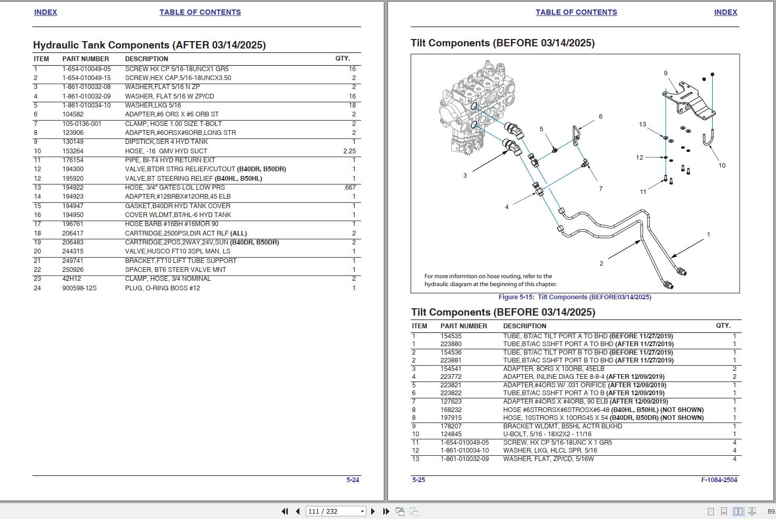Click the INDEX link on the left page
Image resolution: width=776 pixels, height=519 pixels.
pyautogui.click(x=45, y=12)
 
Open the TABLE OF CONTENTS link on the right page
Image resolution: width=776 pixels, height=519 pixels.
pyautogui.click(x=576, y=12)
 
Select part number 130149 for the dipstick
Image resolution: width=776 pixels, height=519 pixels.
pyautogui.click(x=73, y=142)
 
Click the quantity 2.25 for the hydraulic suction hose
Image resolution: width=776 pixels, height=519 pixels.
pyautogui.click(x=350, y=151)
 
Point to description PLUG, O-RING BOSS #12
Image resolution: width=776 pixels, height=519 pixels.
pyautogui.click(x=162, y=288)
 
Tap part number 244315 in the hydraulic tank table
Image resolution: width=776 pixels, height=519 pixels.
pyautogui.click(x=73, y=251)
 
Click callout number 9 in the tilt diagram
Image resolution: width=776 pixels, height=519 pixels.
pyautogui.click(x=665, y=73)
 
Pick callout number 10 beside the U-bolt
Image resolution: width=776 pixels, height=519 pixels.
pyautogui.click(x=722, y=165)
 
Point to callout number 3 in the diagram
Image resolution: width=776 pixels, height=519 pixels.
pyautogui.click(x=465, y=175)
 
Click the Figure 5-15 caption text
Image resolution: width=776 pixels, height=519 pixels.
pyautogui.click(x=575, y=297)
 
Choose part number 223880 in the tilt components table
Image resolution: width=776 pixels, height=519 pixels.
pyautogui.click(x=451, y=344)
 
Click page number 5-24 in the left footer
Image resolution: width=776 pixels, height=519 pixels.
pyautogui.click(x=353, y=480)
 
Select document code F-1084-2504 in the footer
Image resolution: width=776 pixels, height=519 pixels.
pyautogui.click(x=719, y=480)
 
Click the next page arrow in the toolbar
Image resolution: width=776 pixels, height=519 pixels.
pyautogui.click(x=373, y=512)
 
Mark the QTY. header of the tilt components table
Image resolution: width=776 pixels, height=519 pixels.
pyautogui.click(x=723, y=326)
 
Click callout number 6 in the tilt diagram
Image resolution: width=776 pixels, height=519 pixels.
pyautogui.click(x=600, y=116)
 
